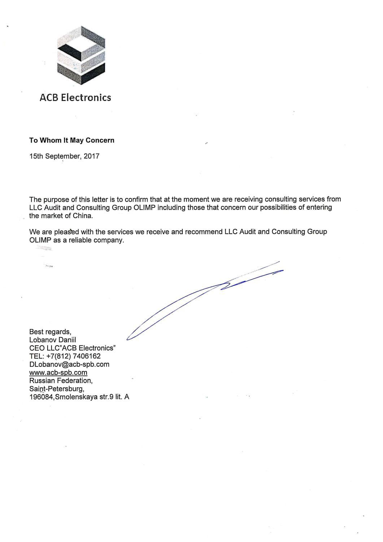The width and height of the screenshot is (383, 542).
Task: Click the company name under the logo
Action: [x=75, y=98]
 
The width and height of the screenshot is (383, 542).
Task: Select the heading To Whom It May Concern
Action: [x=72, y=140]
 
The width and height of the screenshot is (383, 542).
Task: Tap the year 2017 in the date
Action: [x=92, y=156]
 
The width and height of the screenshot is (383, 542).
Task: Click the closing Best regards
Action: [x=50, y=332]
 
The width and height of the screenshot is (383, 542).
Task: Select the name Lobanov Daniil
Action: [x=53, y=340]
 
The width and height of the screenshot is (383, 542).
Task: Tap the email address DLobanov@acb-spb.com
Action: [x=69, y=364]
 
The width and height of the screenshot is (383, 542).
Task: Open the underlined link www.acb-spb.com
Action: [x=58, y=373]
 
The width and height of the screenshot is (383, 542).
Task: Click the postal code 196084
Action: [x=41, y=397]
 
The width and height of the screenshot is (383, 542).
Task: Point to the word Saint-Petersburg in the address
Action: [x=57, y=389]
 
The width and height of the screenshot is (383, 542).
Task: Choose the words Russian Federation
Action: [x=61, y=380]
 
